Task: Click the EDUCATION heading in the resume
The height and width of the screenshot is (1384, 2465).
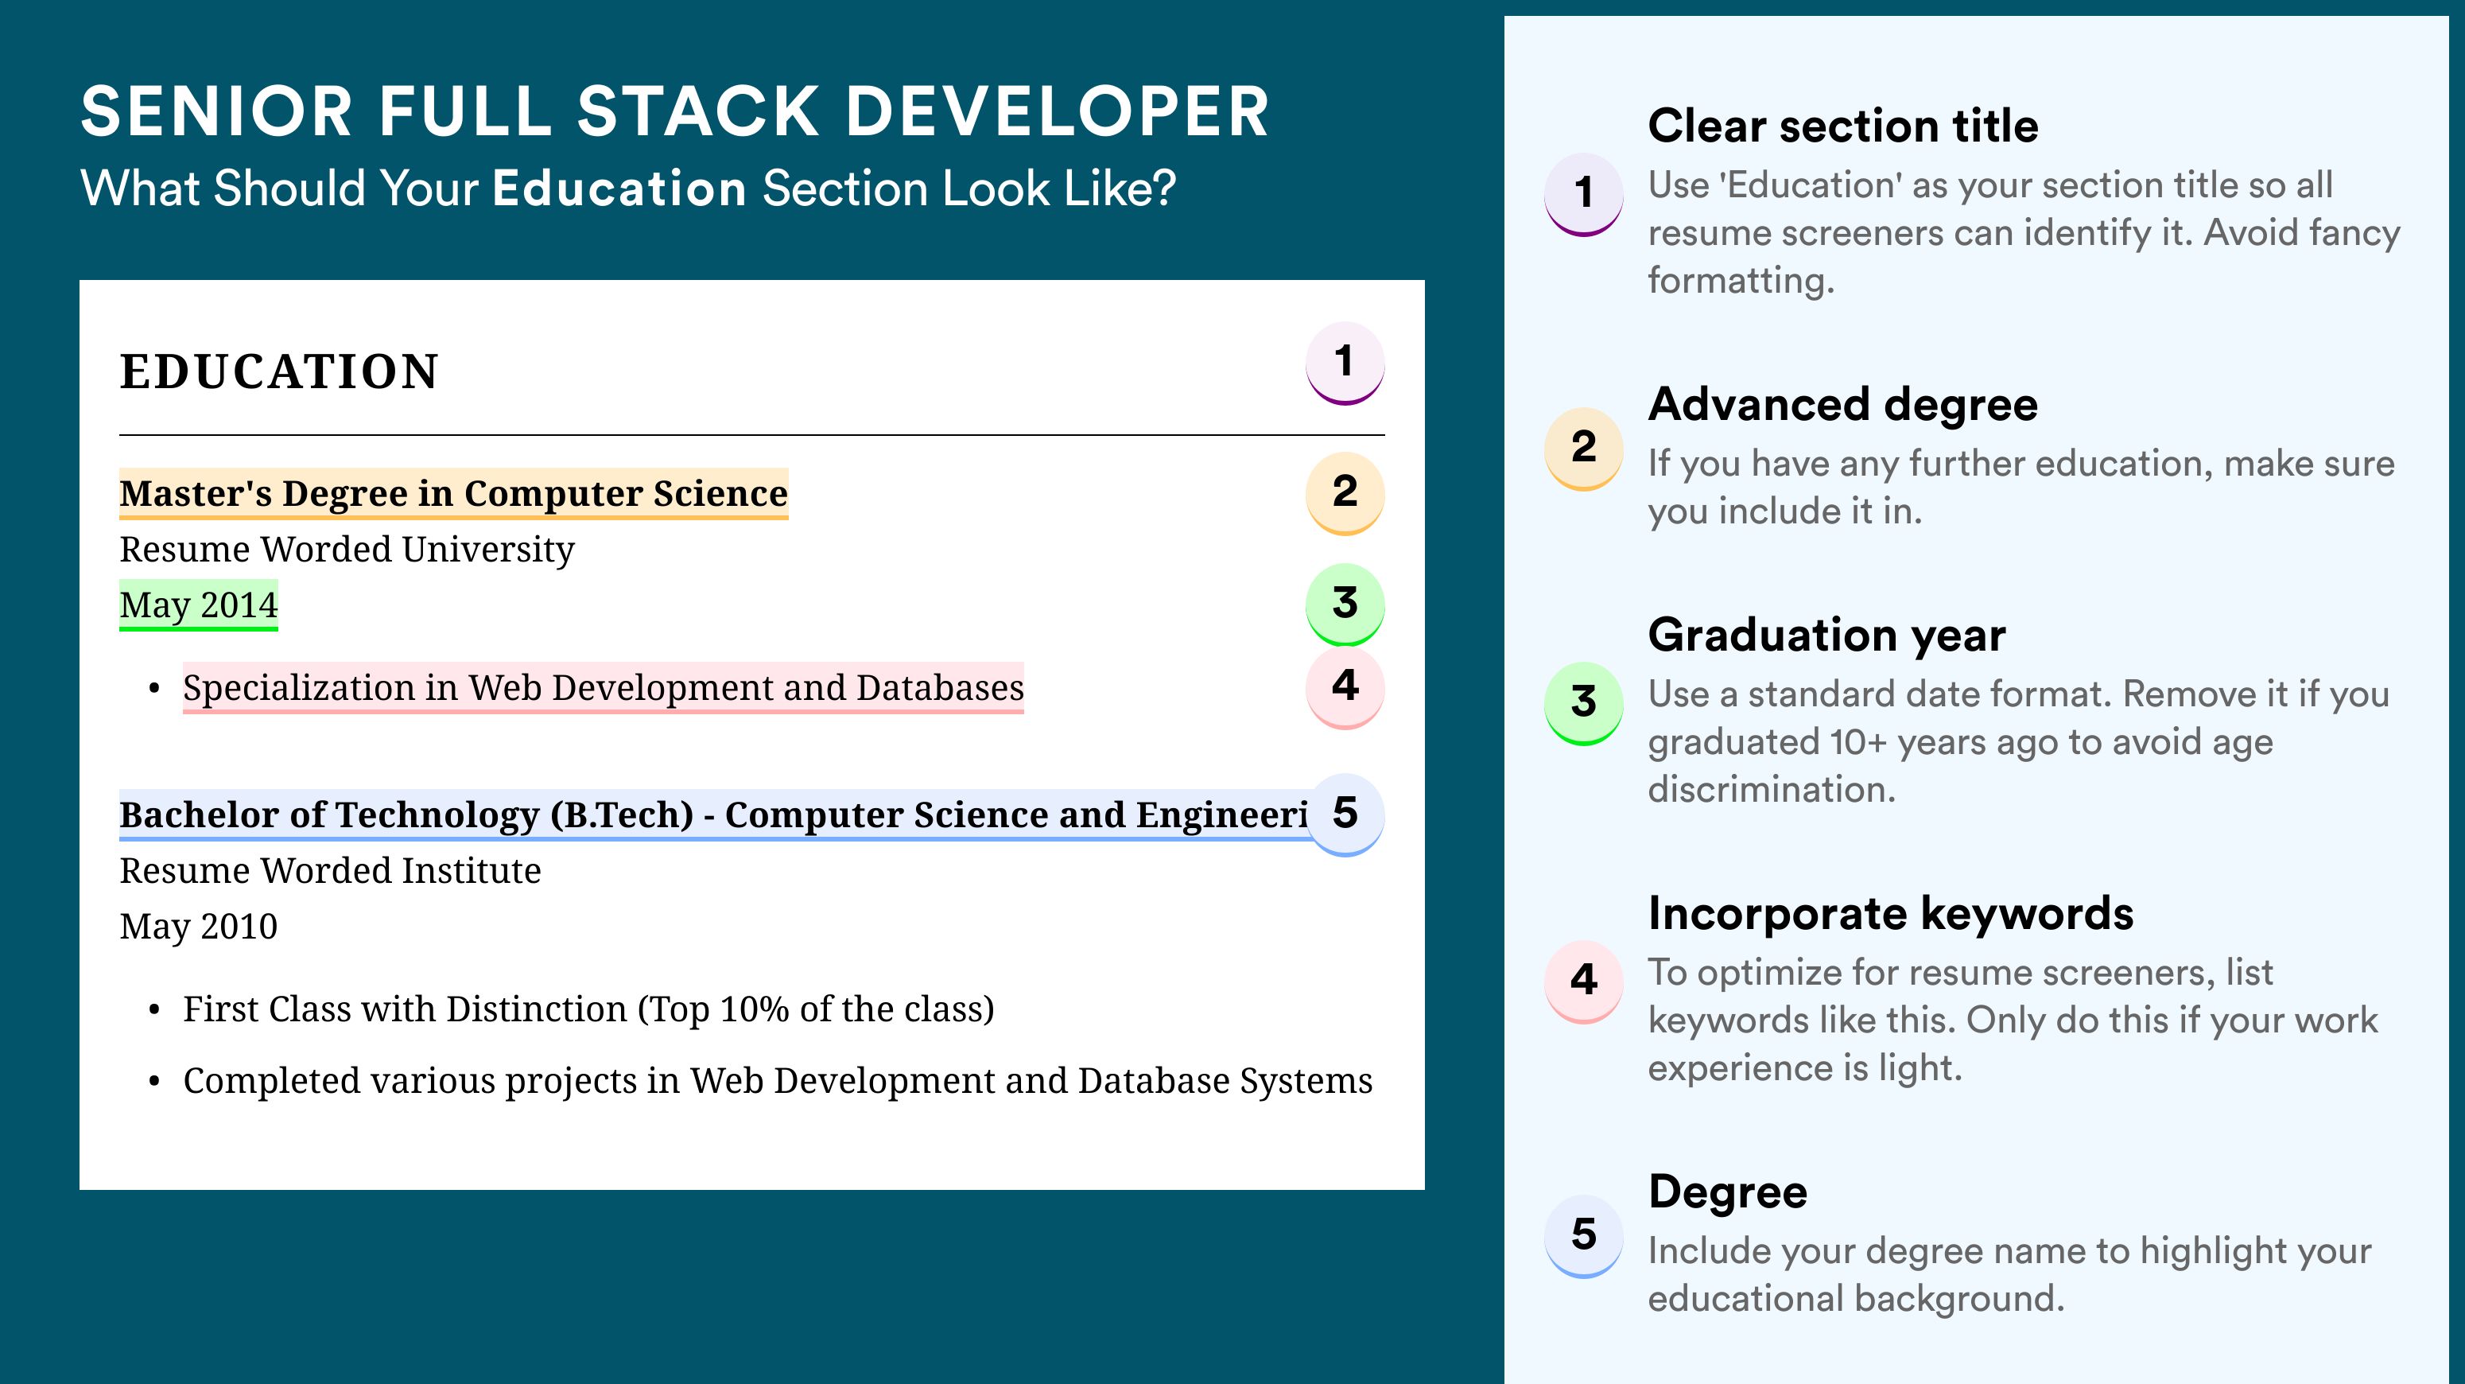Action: [278, 371]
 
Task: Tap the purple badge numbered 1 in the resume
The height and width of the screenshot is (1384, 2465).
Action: [1345, 363]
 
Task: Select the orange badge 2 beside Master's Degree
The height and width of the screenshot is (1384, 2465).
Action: [1345, 493]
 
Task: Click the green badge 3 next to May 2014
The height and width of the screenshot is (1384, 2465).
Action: [1345, 604]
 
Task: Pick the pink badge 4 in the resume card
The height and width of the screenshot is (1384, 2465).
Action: [1345, 687]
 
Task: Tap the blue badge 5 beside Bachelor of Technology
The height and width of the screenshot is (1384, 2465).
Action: [1345, 814]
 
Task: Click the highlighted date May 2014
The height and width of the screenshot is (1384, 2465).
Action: [198, 605]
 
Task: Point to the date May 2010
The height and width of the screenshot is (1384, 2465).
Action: [198, 927]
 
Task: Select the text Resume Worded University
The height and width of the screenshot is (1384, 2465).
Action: [347, 550]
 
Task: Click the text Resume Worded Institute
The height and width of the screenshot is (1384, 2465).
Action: [330, 871]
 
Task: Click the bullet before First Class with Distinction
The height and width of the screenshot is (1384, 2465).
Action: [154, 1011]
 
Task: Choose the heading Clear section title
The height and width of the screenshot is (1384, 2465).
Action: [1843, 126]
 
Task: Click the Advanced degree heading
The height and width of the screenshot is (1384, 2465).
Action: [1843, 405]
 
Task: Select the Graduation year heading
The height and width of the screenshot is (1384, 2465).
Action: [1826, 635]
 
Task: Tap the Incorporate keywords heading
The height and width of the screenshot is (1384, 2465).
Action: [1891, 913]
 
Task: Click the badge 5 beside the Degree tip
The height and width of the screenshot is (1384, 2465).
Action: [1584, 1235]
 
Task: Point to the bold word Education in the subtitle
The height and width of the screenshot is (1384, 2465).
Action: [619, 189]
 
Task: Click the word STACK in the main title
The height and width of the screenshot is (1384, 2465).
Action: [697, 111]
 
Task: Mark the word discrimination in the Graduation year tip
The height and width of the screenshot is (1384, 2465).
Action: [1772, 790]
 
